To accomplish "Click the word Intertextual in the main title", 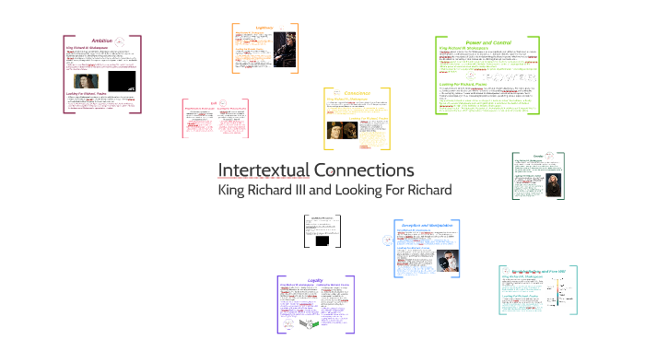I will (264, 170).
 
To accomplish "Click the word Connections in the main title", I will (364, 170).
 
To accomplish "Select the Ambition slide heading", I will (102, 40).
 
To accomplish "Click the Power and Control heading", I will (487, 42).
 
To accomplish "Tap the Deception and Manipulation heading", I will (427, 225).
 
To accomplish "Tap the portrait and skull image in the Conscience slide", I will (340, 132).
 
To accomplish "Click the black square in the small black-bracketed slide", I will (322, 241).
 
